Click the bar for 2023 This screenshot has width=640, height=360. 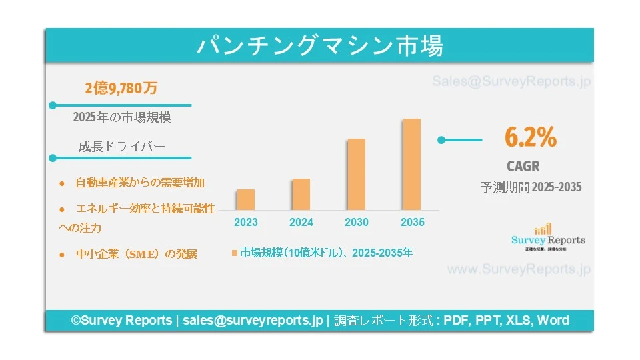[x=246, y=199]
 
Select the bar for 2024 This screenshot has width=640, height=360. [x=301, y=194]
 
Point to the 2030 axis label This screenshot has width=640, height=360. [x=356, y=222]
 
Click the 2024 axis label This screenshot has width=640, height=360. [x=301, y=222]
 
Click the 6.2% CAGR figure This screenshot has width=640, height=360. [x=531, y=137]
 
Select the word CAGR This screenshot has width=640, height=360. [x=523, y=166]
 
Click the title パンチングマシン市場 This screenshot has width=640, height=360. [x=319, y=46]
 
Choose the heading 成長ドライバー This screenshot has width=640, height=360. [x=121, y=147]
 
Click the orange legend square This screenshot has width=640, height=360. [x=235, y=253]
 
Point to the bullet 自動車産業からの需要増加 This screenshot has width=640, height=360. [x=139, y=182]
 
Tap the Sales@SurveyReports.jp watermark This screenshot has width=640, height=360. [x=511, y=81]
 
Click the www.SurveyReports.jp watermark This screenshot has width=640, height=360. [x=518, y=269]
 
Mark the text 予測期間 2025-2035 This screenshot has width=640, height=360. [x=531, y=187]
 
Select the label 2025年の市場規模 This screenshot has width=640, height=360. [x=122, y=117]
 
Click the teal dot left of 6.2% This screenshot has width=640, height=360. [x=441, y=140]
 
